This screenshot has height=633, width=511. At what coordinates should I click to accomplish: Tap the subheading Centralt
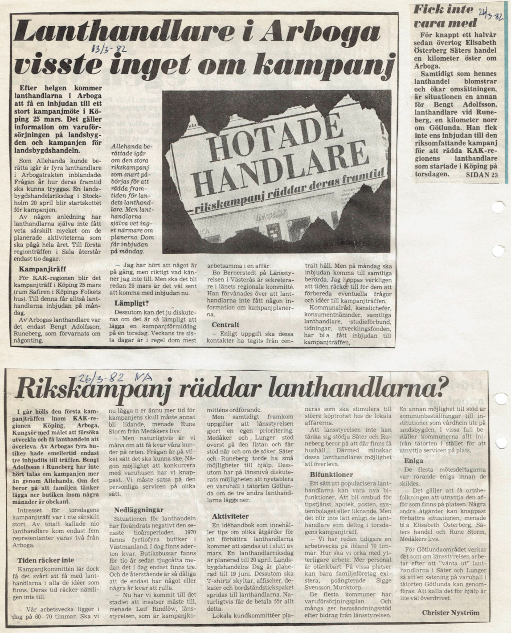point(226,325)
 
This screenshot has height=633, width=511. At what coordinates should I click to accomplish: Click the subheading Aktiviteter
point(230,516)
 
